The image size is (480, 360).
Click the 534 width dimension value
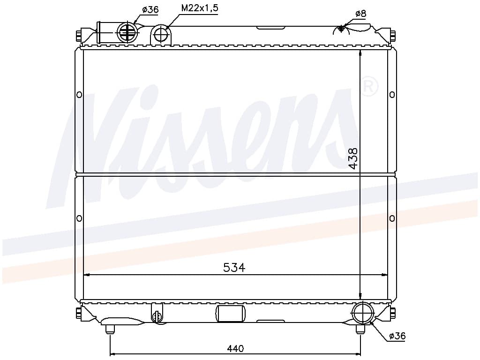(234, 268)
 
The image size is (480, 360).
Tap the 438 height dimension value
(353, 158)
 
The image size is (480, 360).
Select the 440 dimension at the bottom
(235, 348)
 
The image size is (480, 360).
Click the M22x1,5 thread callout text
(200, 8)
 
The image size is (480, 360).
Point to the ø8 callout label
(361, 14)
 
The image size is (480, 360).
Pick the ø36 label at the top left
(150, 9)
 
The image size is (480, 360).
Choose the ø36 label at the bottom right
(397, 336)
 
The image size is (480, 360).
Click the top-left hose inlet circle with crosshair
(127, 31)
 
